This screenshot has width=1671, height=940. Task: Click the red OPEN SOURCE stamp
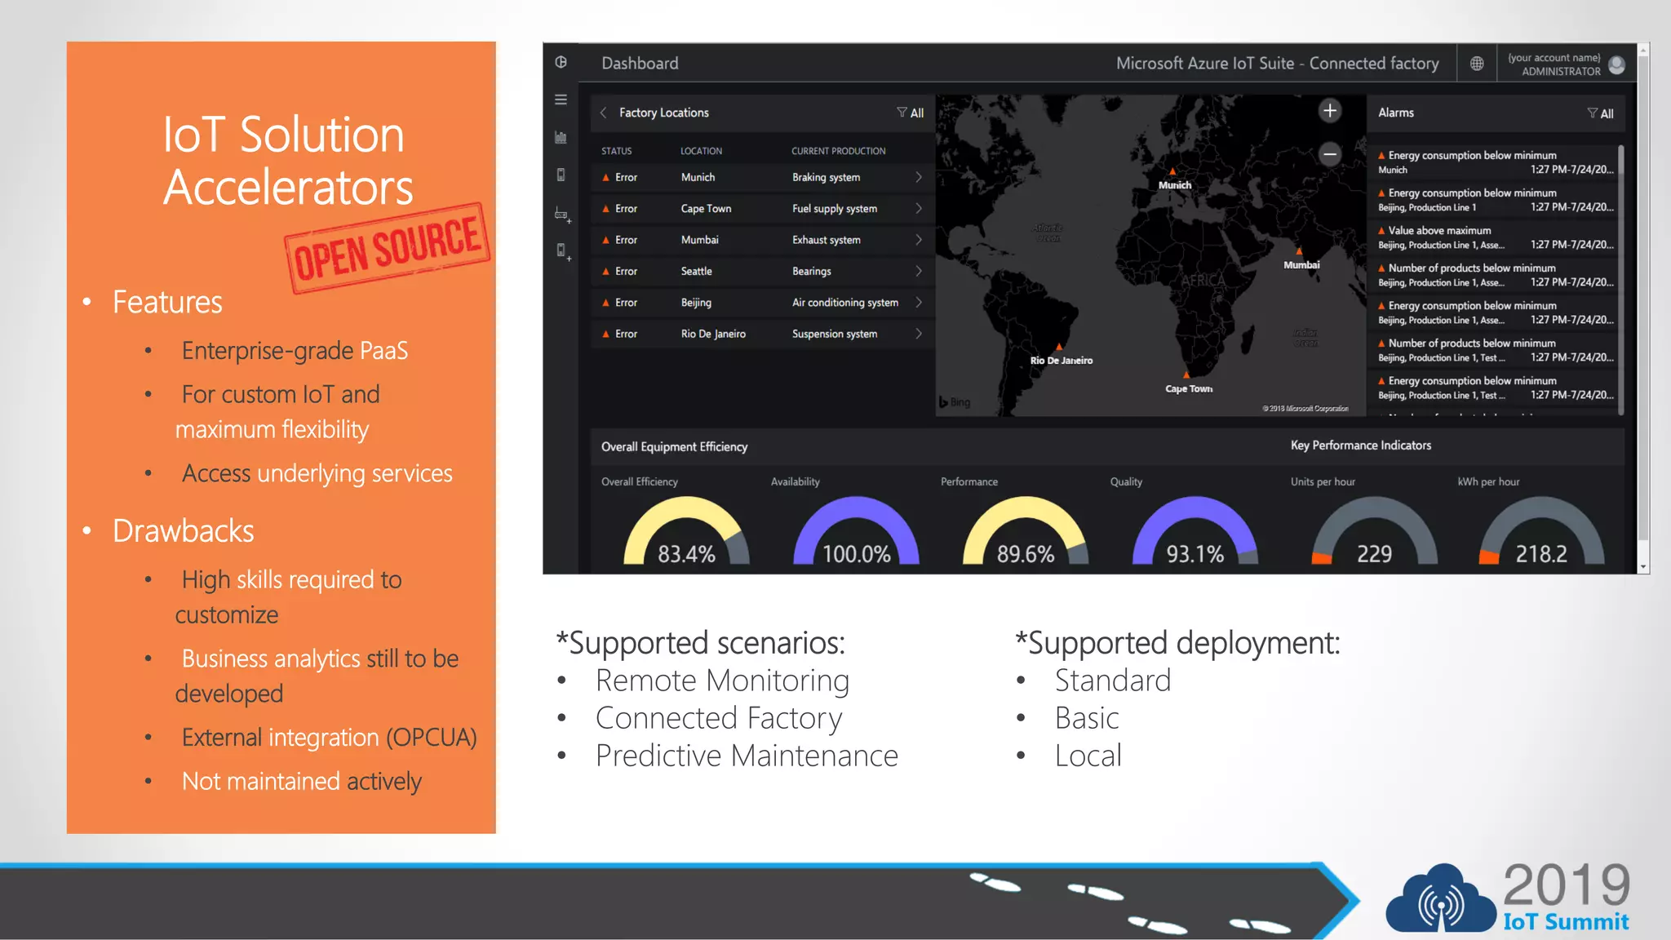click(x=388, y=248)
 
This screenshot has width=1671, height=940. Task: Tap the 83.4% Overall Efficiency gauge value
click(x=686, y=554)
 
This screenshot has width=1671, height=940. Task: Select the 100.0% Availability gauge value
click(x=856, y=554)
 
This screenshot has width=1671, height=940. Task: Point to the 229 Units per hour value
click(x=1374, y=554)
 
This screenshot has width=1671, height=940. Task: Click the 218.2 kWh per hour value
click(x=1541, y=554)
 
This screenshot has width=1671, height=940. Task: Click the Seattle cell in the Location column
click(x=696, y=272)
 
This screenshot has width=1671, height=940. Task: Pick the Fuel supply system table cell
click(x=834, y=209)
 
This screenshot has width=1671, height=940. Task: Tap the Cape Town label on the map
click(x=1189, y=389)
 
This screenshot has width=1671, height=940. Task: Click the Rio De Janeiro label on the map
click(x=1061, y=361)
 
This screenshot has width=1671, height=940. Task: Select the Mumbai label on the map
click(x=1301, y=265)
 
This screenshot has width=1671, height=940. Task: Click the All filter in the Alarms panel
click(x=1601, y=113)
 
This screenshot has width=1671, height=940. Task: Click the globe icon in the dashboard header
click(x=1477, y=64)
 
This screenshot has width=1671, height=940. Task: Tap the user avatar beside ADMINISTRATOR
click(x=1616, y=64)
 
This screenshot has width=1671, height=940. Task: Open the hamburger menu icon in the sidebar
click(x=561, y=100)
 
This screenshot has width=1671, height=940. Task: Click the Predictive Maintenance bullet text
click(x=747, y=756)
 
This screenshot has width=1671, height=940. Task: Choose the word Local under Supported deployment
click(x=1088, y=756)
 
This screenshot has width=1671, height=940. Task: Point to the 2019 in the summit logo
click(x=1566, y=885)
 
